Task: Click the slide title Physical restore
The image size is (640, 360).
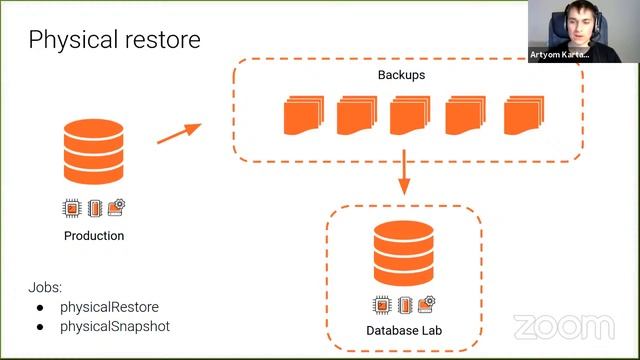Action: pos(114,39)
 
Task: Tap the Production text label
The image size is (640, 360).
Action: pos(94,236)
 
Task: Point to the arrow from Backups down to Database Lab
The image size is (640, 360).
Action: pos(404,173)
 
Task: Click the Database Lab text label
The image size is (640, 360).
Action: pos(404,330)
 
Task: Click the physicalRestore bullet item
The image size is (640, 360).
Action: pos(109,306)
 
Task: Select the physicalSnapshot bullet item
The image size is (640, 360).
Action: pos(114,326)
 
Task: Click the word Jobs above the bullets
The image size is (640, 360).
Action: pos(45,287)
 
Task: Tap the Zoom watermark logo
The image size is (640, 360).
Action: pos(564,326)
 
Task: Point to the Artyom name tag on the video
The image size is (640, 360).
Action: pos(560,56)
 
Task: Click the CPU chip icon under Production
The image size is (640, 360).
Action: pos(70,209)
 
